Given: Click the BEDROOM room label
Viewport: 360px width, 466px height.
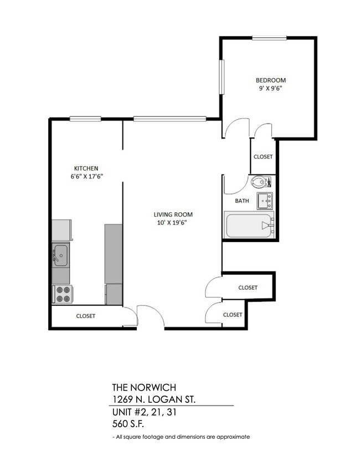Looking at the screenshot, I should [x=271, y=80].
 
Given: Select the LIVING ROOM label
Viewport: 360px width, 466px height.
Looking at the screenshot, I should [x=173, y=214].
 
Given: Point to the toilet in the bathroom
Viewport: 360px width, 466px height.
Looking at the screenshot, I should [x=261, y=182].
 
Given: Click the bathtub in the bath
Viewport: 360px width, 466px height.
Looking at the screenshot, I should [x=249, y=225].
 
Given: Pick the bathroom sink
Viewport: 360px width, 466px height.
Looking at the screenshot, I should [x=265, y=200].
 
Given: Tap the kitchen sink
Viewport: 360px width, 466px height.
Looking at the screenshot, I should [x=60, y=255].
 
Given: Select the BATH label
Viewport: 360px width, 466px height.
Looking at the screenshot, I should [x=241, y=201].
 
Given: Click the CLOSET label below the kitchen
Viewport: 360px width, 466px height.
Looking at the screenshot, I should [x=85, y=316].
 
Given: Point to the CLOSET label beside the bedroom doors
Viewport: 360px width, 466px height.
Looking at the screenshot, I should [x=263, y=157].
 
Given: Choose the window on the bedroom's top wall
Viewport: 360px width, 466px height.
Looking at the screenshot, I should [x=269, y=38].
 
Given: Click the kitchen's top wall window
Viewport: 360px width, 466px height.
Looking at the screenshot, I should [x=85, y=118].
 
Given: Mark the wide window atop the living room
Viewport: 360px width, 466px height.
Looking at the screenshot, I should [x=169, y=118].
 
